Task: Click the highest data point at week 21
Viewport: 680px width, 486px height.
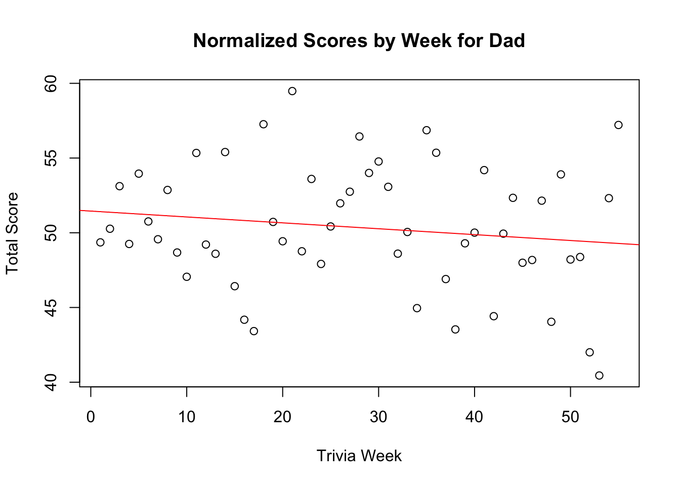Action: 292,91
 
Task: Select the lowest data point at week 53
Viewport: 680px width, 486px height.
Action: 599,375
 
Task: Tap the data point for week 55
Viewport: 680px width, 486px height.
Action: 618,125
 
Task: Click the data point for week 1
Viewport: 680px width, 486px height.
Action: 100,242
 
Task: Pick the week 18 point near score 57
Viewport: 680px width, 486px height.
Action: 263,124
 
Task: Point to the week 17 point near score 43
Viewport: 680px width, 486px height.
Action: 253,331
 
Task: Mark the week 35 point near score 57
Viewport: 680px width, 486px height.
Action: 427,130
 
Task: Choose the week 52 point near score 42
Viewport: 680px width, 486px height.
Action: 589,352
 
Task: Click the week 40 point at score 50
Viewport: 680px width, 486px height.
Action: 475,233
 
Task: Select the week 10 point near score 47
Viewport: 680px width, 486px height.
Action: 187,276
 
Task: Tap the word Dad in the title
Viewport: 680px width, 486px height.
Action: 506,41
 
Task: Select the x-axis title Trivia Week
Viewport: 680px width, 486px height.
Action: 359,456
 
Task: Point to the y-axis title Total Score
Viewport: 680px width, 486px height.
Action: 12,233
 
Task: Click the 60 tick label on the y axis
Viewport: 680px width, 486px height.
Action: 51,83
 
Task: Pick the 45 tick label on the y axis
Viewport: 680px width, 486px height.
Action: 51,307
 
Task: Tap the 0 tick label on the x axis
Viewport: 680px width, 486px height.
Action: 91,417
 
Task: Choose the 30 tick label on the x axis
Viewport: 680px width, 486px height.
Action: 378,417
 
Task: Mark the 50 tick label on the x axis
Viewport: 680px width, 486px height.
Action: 570,417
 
